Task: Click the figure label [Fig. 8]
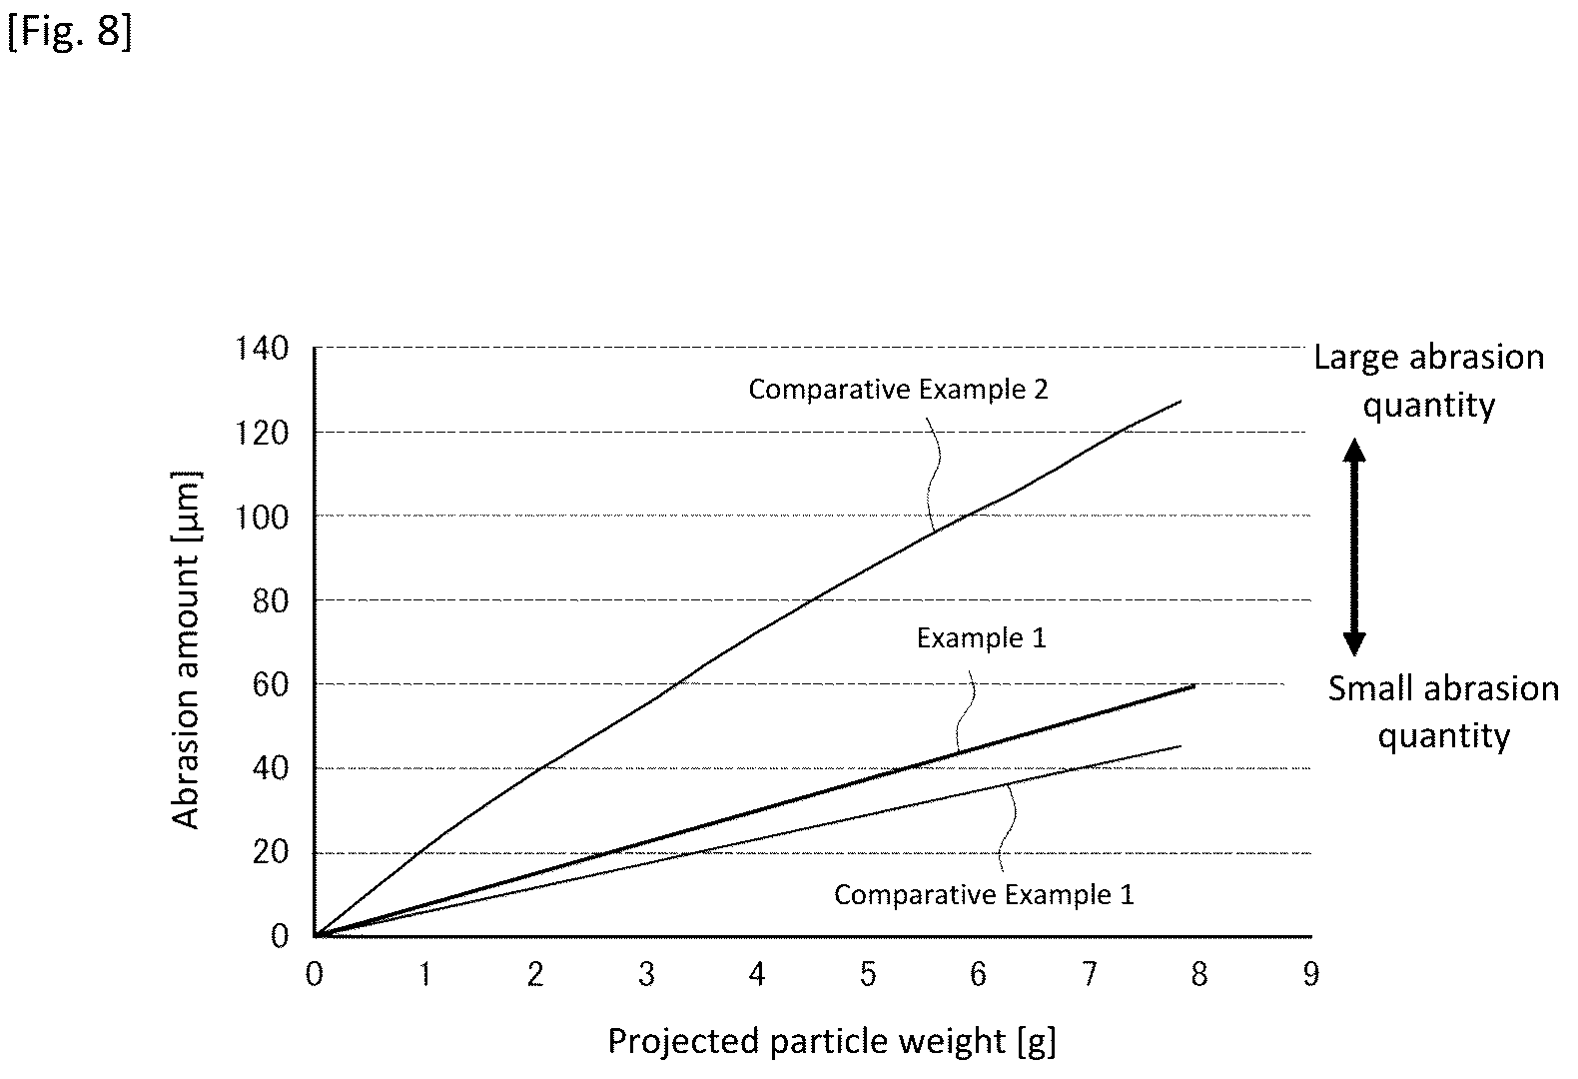(70, 32)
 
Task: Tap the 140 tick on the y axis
(262, 348)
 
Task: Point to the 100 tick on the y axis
(262, 518)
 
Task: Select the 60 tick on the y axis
(271, 684)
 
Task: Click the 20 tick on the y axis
(271, 853)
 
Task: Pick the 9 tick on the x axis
(1310, 974)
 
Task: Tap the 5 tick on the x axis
(868, 974)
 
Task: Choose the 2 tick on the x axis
(536, 974)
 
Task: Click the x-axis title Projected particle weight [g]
(832, 1042)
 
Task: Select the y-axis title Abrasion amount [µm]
(187, 649)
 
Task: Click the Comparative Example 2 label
(898, 390)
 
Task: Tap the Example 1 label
(982, 638)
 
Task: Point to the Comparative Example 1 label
(984, 895)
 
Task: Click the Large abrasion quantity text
(1429, 381)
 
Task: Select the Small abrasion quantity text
(1444, 712)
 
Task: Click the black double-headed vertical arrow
(1354, 546)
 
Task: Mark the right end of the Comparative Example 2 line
(1181, 401)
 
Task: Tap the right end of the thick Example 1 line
(1194, 685)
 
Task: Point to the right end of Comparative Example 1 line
(1181, 746)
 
